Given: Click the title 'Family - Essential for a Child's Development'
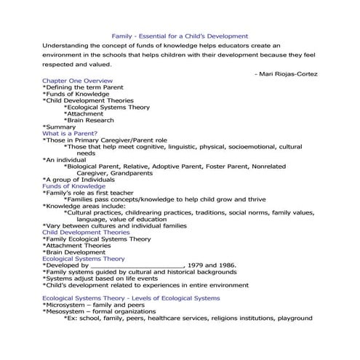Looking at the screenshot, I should click(x=180, y=36).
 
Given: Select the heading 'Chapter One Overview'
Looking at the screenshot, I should click(x=77, y=80).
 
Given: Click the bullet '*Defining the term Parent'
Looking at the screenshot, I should click(x=81, y=87).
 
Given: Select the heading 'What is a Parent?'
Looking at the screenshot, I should click(x=73, y=133).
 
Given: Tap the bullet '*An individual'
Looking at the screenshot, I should click(x=68, y=160).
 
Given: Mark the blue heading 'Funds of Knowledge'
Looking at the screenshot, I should click(x=75, y=186).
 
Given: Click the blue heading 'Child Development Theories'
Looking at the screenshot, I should click(x=87, y=232).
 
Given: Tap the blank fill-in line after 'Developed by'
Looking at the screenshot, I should click(x=138, y=266).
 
